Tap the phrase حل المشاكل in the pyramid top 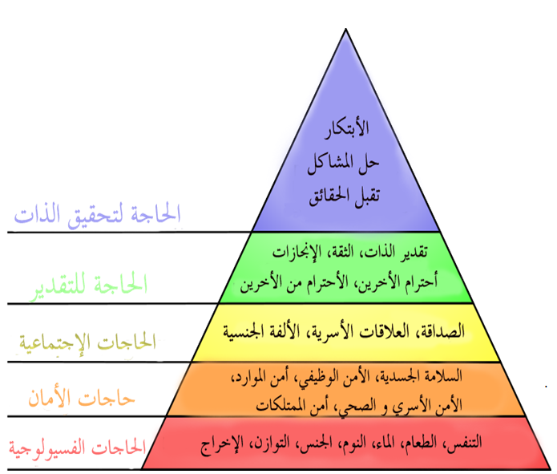coord(343,163)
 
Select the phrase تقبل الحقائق coord(344,196)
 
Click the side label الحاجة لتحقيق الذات coord(97,216)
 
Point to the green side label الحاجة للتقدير coord(89,286)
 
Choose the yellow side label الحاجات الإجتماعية coord(87,342)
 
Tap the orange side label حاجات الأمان coord(82,399)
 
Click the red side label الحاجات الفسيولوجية coord(78,448)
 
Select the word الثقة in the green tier coord(341,252)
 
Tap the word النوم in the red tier coord(354,443)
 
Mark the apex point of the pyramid coord(345,28)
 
